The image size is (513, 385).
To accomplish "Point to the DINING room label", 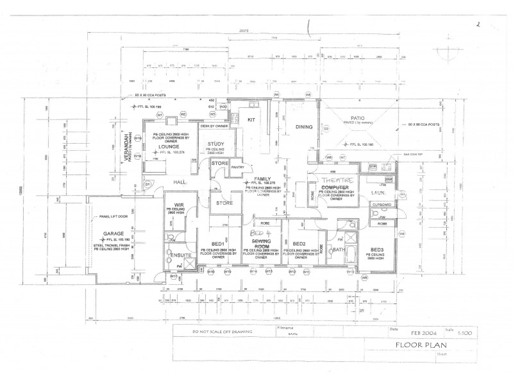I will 303,127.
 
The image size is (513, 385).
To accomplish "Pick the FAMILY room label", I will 264,178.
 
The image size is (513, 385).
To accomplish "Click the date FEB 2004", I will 423,333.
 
